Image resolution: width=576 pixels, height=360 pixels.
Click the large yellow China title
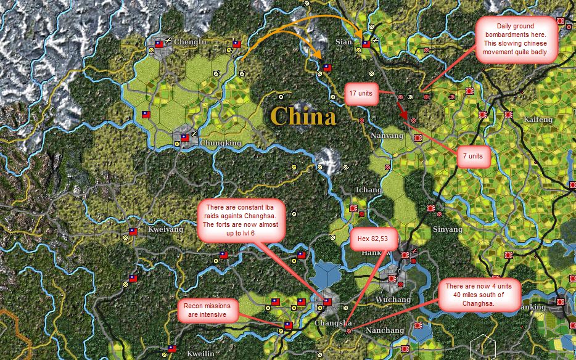[x=303, y=116]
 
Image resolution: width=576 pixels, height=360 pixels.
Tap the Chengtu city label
[x=191, y=42]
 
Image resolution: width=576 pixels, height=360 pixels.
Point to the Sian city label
[x=343, y=42]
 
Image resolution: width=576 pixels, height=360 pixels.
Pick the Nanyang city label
[x=388, y=136]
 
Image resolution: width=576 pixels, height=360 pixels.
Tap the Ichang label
[x=368, y=190]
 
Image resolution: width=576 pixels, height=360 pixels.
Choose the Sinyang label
[x=447, y=229]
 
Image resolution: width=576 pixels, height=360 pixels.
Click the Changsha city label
[x=333, y=323]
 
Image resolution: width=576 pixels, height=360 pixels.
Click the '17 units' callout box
[x=361, y=92]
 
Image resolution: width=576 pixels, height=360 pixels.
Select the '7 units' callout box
[x=473, y=157]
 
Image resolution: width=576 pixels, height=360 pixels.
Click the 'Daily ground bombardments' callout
[x=517, y=40]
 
